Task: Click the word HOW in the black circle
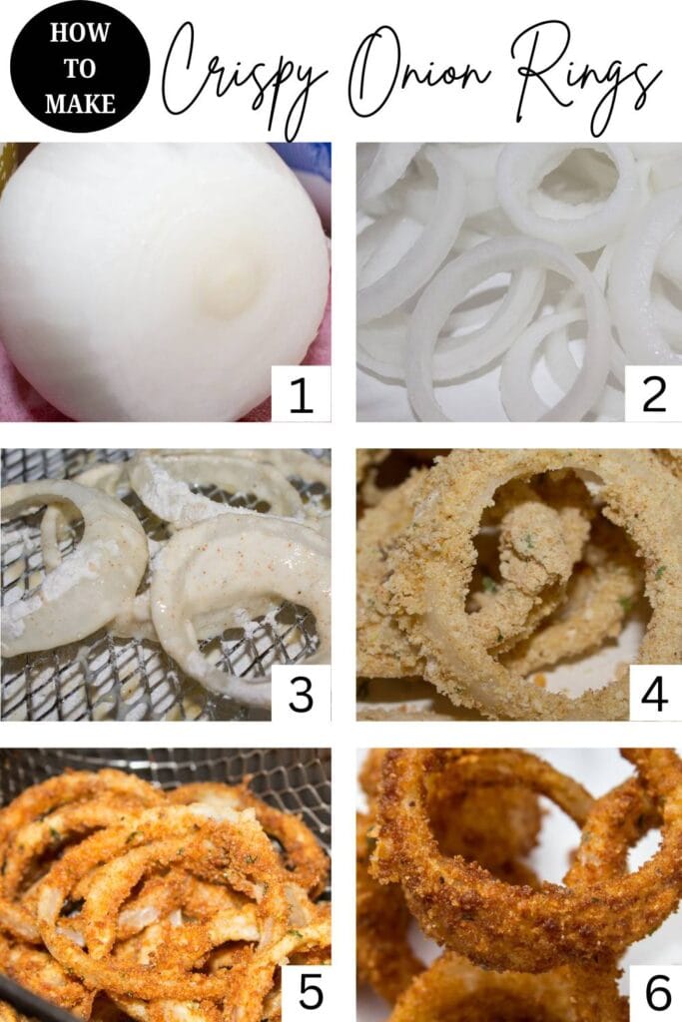(x=80, y=32)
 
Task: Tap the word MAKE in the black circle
(x=80, y=103)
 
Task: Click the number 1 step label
(x=301, y=394)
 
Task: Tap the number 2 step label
(x=653, y=394)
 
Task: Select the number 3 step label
(x=301, y=694)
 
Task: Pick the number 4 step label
(x=653, y=694)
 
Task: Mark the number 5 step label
(x=310, y=993)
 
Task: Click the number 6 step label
(x=657, y=993)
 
